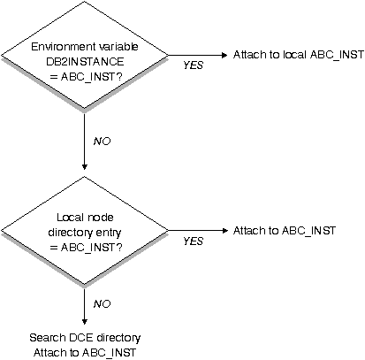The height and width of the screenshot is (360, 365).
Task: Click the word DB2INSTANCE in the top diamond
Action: pyautogui.click(x=85, y=62)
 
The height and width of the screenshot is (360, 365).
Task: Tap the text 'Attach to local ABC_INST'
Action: pyautogui.click(x=299, y=55)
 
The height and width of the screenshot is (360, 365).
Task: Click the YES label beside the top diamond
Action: pyautogui.click(x=194, y=65)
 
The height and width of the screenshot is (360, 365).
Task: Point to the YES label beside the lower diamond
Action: pyautogui.click(x=194, y=241)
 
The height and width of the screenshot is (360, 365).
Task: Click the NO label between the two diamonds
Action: pyautogui.click(x=102, y=142)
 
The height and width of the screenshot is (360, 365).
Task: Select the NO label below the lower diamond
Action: pyautogui.click(x=102, y=303)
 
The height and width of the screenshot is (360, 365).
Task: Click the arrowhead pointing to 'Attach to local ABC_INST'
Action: pyautogui.click(x=224, y=55)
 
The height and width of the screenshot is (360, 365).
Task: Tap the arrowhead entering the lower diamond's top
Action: pyautogui.click(x=85, y=167)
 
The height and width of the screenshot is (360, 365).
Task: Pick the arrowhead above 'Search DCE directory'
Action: pyautogui.click(x=85, y=321)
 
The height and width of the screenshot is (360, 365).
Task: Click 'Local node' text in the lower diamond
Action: pyautogui.click(x=85, y=218)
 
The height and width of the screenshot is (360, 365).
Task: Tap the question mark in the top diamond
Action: pyautogui.click(x=118, y=77)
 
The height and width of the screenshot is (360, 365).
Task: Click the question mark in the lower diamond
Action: pyautogui.click(x=118, y=248)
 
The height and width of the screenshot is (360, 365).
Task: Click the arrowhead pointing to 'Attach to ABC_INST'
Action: pyautogui.click(x=224, y=231)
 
